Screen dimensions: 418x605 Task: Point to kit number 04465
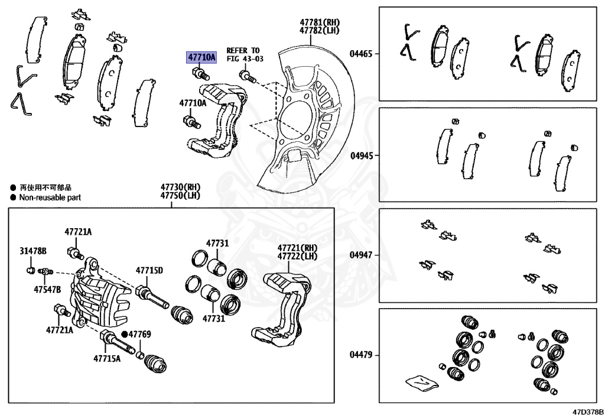(x=360, y=54)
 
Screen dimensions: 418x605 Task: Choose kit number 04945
(x=360, y=157)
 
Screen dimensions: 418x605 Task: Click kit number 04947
(x=360, y=255)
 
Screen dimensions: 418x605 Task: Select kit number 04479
(x=360, y=355)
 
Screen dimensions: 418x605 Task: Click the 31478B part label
(x=32, y=251)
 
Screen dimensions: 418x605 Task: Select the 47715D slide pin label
(x=149, y=271)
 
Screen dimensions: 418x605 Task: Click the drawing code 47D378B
(x=587, y=411)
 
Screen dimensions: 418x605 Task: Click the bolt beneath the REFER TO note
(x=247, y=76)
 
